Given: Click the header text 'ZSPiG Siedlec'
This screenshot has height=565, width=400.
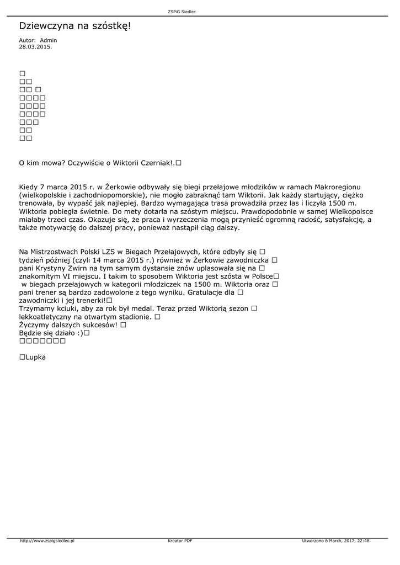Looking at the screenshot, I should point(200,12).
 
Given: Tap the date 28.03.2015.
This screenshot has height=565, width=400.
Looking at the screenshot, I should point(35,47).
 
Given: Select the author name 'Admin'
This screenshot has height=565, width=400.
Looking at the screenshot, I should point(49,40).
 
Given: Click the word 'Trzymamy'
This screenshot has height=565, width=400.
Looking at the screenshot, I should point(36,308).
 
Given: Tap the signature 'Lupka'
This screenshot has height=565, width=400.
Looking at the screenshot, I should point(36,357).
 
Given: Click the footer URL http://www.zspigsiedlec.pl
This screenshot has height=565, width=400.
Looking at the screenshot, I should point(47,541).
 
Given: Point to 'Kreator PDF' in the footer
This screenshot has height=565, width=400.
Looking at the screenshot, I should point(180,541).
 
